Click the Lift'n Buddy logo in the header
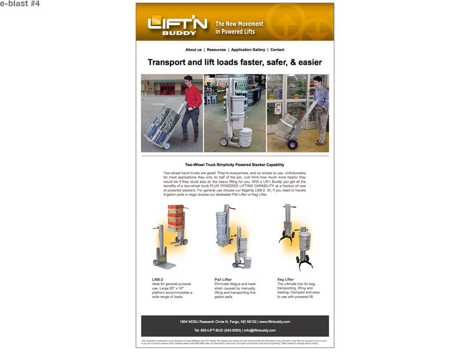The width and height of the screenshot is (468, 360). click(x=177, y=24)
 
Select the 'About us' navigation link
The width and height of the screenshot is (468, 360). click(x=193, y=50)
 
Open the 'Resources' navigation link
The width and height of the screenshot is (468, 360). click(x=216, y=50)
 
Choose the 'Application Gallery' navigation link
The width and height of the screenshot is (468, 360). click(x=248, y=50)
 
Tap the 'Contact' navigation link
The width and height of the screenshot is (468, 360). click(x=277, y=50)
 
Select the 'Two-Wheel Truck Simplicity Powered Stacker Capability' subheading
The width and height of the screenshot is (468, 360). click(x=235, y=165)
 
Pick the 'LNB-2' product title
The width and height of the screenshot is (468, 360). click(x=158, y=280)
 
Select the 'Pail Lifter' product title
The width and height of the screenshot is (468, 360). click(x=223, y=280)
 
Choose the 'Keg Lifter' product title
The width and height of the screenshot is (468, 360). click(x=285, y=280)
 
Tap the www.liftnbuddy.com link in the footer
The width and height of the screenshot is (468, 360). click(x=275, y=322)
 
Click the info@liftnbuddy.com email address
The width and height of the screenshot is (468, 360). click(x=259, y=330)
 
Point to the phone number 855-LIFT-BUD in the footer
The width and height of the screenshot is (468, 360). click(x=222, y=330)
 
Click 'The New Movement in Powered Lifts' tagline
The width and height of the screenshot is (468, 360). click(x=239, y=28)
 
